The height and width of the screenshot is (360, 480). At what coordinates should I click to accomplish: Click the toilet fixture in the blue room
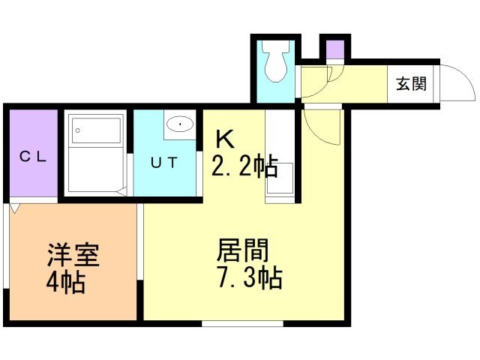click(x=277, y=61)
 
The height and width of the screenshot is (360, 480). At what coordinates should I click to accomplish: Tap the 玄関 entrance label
click(x=411, y=83)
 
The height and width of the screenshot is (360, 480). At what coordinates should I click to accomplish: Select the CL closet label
click(x=33, y=157)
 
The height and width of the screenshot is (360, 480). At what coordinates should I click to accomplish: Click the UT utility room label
click(x=164, y=163)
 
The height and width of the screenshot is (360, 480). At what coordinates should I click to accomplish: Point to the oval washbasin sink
click(x=180, y=124)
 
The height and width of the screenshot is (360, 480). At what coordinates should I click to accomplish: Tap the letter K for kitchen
click(x=225, y=139)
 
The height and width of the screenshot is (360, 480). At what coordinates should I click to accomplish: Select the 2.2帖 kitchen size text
click(x=244, y=166)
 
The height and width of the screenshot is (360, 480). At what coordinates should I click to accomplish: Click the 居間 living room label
click(x=243, y=250)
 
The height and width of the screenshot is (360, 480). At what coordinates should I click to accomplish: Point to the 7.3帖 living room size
click(x=250, y=278)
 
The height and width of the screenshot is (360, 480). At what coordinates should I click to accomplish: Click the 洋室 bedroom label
click(x=73, y=255)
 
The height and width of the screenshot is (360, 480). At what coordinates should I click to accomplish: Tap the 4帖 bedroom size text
click(x=66, y=283)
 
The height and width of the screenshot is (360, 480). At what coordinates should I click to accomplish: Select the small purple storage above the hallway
click(x=335, y=49)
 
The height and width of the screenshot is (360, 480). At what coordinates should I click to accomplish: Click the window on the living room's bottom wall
click(x=242, y=323)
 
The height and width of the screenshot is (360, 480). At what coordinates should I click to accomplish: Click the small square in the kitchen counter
click(x=280, y=178)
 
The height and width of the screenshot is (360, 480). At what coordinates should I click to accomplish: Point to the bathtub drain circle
click(x=78, y=130)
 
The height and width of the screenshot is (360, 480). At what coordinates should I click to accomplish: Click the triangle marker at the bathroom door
click(x=121, y=192)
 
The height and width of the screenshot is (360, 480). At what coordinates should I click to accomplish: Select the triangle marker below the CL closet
click(x=15, y=208)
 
